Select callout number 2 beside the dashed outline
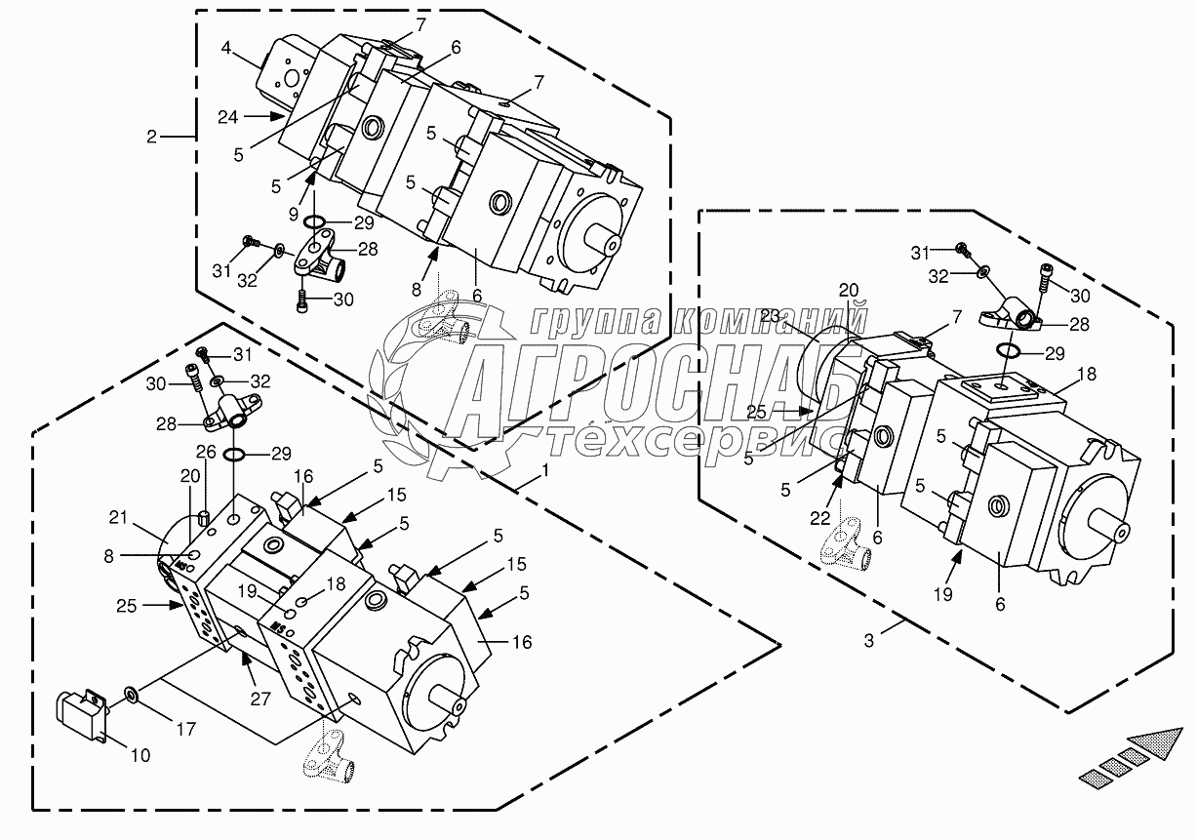[151, 138]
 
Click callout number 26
[205, 451]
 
